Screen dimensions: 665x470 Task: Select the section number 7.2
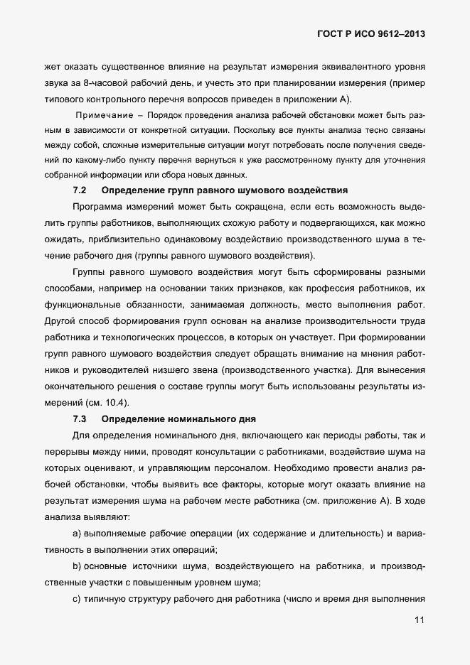[x=80, y=190]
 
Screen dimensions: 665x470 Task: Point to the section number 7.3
[x=80, y=418]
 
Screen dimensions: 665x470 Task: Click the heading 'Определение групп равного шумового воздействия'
[x=225, y=190]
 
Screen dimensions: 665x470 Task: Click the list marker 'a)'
[x=78, y=533]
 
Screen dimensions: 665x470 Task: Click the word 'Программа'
[x=99, y=206]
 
